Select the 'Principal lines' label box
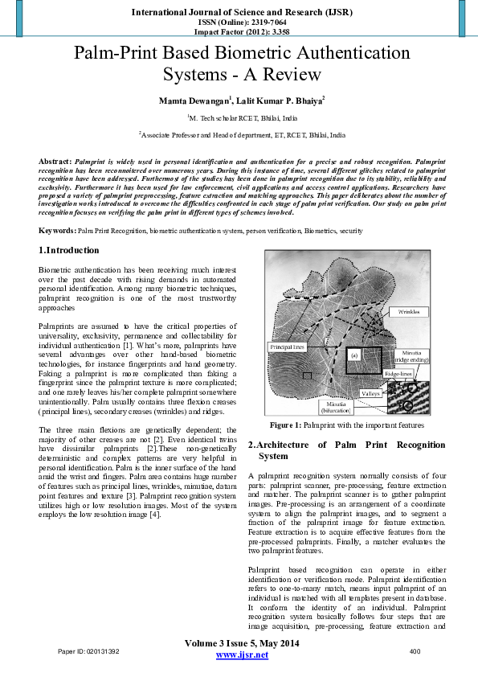285,347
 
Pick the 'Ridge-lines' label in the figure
399,374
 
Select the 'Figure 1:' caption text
286,425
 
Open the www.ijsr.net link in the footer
242,655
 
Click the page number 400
415,650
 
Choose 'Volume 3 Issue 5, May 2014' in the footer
242,644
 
